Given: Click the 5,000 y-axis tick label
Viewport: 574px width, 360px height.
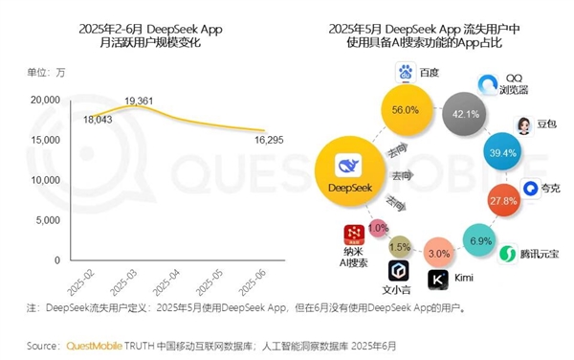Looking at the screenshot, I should point(49,219).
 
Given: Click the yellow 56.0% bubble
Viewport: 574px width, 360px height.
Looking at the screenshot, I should point(411,110).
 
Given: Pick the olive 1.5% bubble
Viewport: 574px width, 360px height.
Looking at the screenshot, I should point(401,248).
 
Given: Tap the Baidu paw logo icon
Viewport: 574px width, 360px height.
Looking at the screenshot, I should point(405,73).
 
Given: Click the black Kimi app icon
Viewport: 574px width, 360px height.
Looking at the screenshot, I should point(437,280).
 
